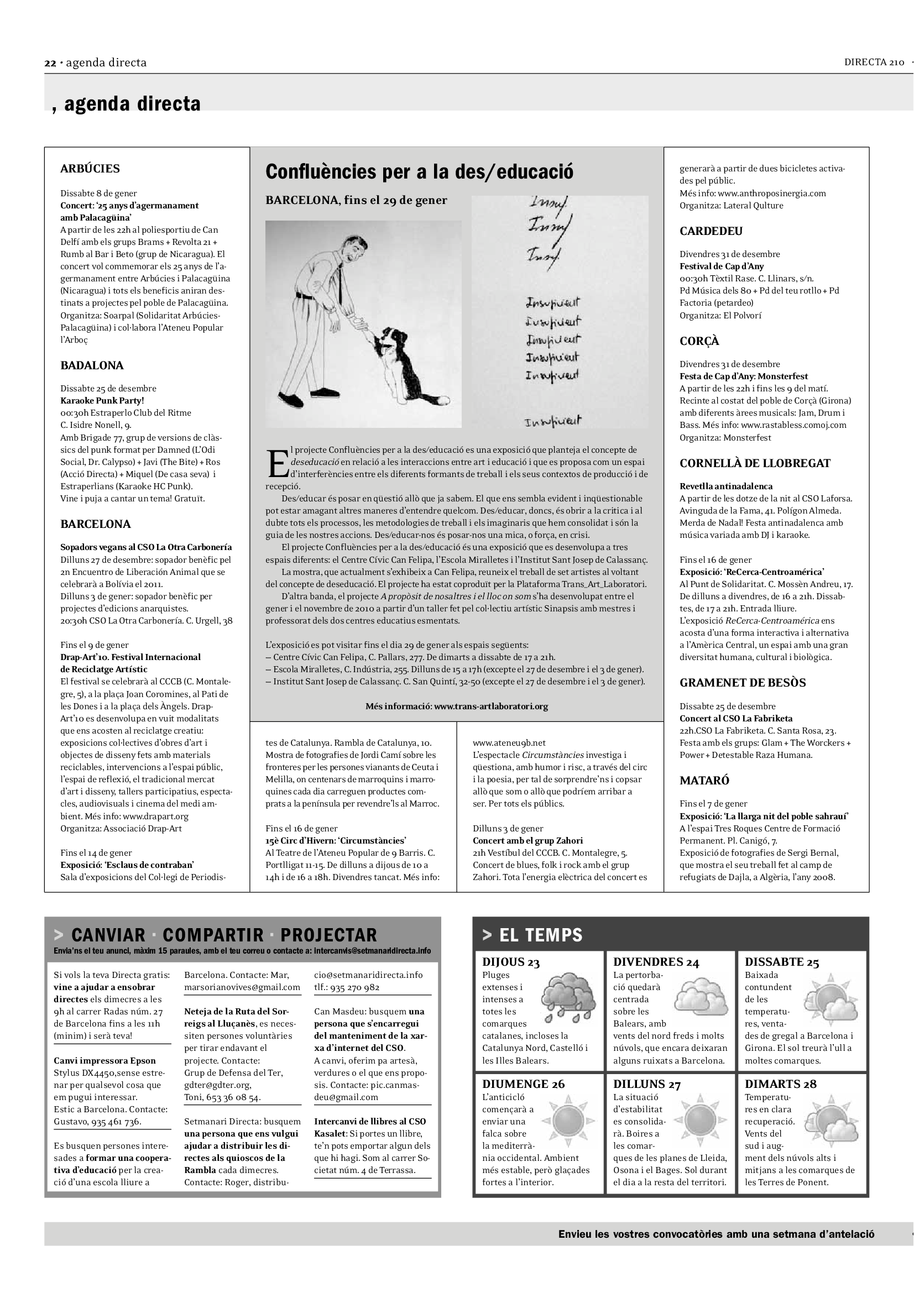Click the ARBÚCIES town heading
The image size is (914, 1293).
tap(90, 169)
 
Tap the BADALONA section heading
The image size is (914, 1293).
tap(92, 365)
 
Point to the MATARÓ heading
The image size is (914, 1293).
tap(704, 781)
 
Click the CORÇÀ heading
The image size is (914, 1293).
tap(699, 341)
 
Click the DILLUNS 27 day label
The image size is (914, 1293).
tap(646, 1084)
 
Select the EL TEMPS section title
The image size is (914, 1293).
tap(541, 935)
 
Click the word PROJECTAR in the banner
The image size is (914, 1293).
tap(328, 935)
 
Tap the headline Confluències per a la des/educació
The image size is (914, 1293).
tap(419, 171)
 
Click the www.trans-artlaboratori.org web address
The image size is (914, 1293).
tap(490, 706)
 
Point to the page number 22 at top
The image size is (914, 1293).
tap(50, 63)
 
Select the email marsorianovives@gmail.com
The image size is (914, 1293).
tap(242, 987)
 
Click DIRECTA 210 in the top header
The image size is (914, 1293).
tap(874, 62)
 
